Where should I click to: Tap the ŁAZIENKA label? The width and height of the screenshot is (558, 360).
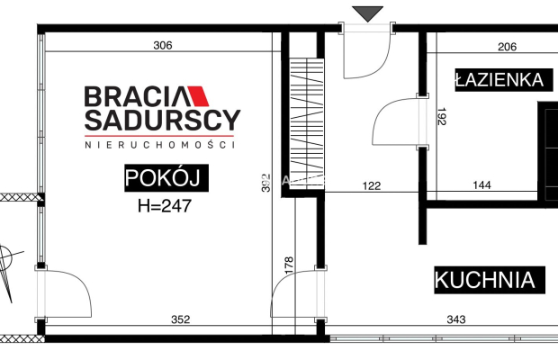tap(499, 80)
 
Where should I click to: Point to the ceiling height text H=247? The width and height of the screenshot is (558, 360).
tap(166, 204)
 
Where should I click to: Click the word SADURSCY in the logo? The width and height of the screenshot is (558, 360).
tap(162, 120)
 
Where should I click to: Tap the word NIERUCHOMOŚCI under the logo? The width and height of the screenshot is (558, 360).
tap(159, 144)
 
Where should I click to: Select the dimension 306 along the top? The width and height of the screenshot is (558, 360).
tap(162, 45)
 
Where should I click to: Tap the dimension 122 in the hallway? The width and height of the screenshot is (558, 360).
tap(371, 186)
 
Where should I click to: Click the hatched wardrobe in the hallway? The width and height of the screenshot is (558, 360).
tap(307, 125)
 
